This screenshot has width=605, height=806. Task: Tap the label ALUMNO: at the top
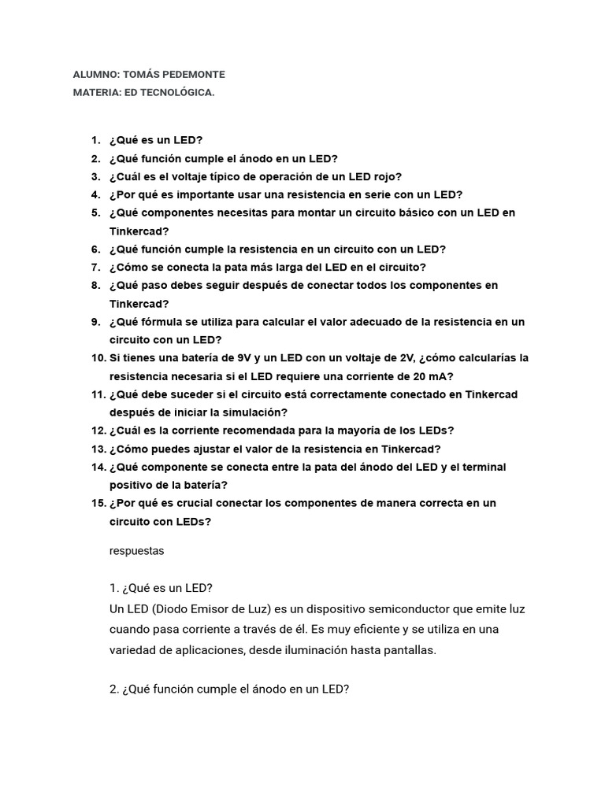96,75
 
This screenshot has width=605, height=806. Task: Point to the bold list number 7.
95,267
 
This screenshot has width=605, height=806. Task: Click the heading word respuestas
137,551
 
